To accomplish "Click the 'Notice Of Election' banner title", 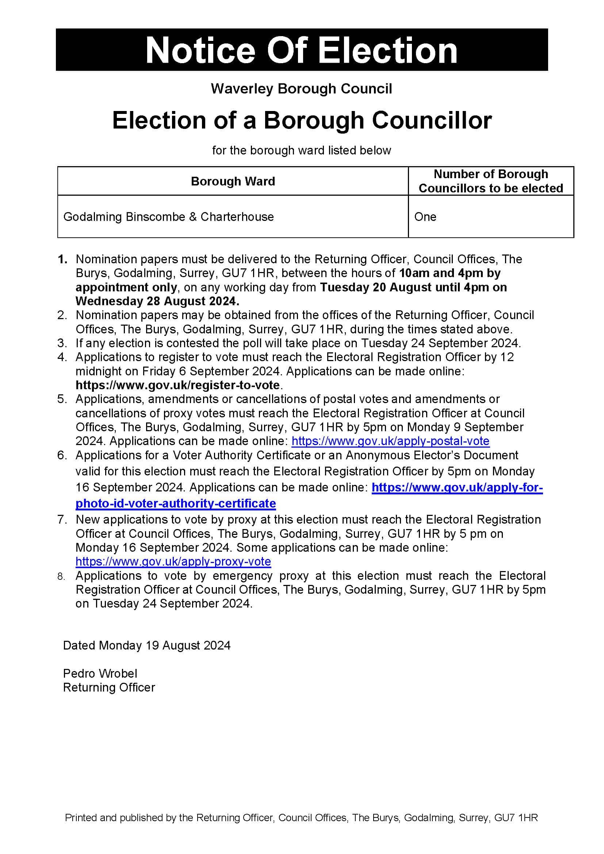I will [301, 51].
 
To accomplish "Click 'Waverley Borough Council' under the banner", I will [301, 89].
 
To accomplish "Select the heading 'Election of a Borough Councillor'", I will [302, 120].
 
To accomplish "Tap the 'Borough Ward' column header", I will [233, 181].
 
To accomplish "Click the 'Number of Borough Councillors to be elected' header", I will [490, 181].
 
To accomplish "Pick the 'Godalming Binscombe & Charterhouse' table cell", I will [168, 217].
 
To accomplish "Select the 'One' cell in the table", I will [425, 217].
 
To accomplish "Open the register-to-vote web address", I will [178, 385].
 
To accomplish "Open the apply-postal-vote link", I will [390, 441].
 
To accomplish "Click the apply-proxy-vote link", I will [173, 561].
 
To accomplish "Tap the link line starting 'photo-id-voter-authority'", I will [176, 503].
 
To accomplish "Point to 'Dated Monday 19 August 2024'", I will [146, 645].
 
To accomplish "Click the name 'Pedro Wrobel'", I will [100, 674].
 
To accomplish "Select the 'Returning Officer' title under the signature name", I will [109, 688].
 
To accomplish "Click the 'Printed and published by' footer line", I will [301, 818].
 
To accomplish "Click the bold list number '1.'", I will [62, 259].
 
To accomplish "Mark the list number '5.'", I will [62, 399].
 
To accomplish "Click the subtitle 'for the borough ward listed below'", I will [301, 150].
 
